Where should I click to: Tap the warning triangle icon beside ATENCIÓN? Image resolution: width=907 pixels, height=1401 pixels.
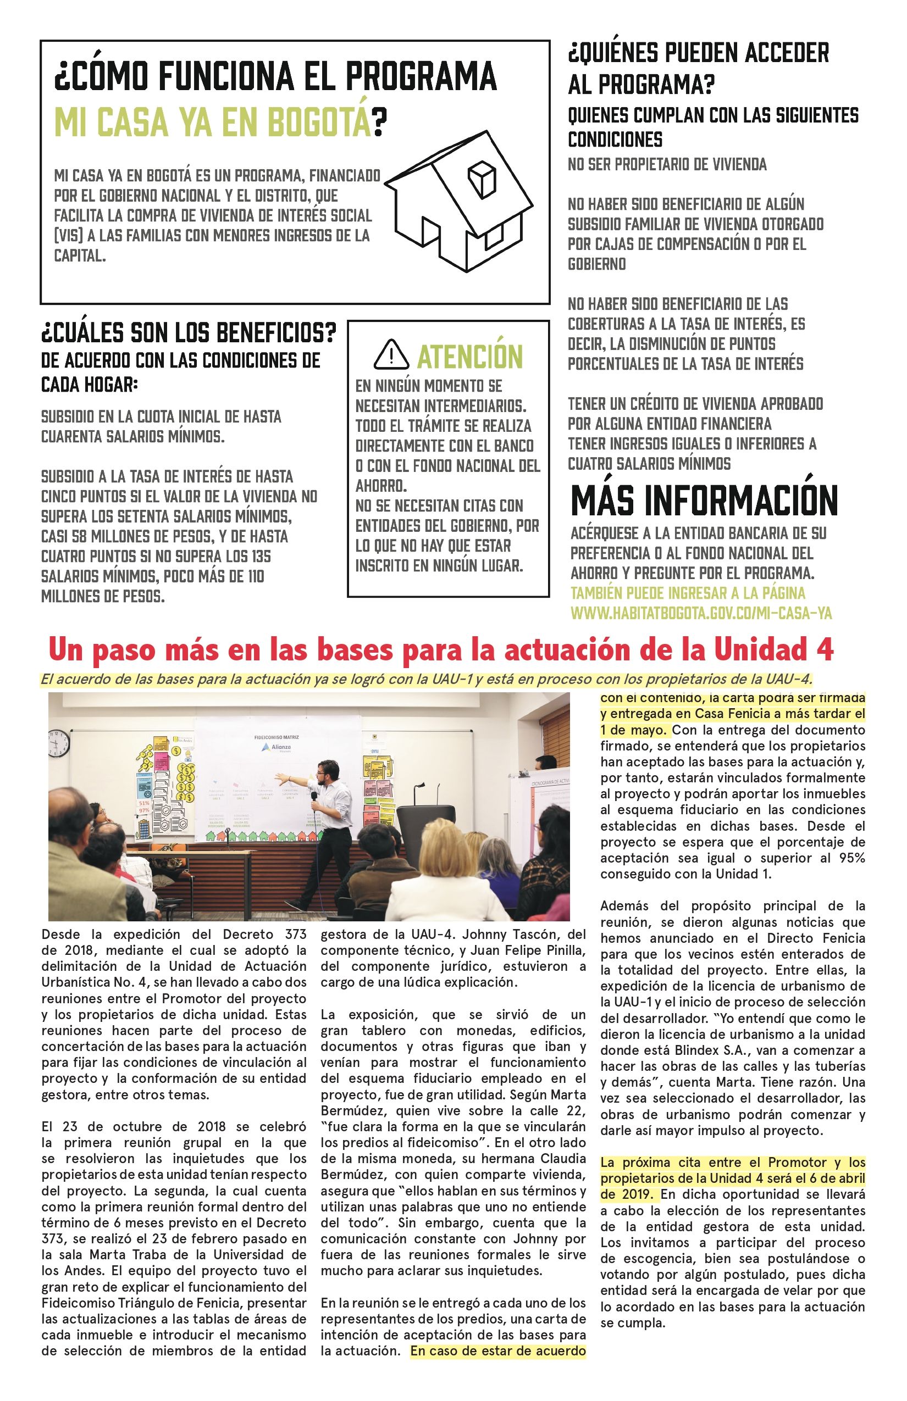391,354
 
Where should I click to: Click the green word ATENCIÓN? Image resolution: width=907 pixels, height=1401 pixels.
469,356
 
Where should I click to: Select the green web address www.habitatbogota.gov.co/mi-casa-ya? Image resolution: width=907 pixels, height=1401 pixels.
701,613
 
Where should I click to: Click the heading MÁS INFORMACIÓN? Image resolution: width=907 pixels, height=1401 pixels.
704,501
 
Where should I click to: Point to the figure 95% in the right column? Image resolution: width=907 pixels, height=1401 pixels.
853,858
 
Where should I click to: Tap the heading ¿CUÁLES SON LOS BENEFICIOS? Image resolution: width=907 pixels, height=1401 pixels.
189,333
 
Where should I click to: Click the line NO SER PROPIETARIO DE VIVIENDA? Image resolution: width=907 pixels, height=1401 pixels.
667,165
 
